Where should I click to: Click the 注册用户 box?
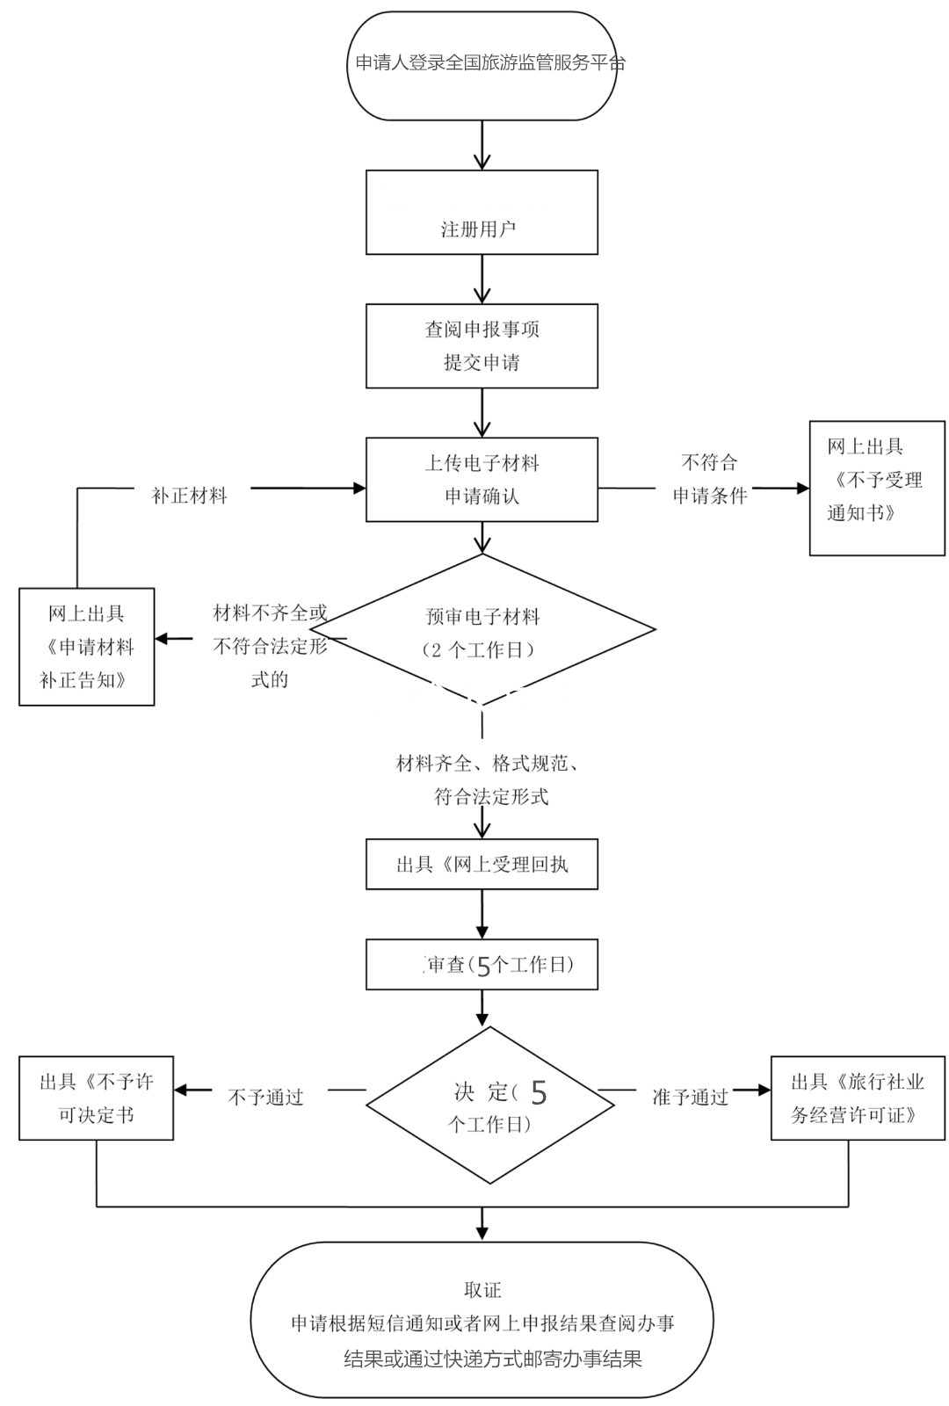[x=482, y=213]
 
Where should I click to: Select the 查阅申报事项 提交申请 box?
[x=482, y=345]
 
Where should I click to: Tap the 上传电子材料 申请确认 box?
[x=482, y=479]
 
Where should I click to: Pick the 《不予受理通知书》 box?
[x=876, y=488]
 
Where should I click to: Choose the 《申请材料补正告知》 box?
[x=87, y=647]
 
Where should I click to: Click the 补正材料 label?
[x=189, y=496]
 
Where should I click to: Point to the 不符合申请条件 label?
[x=710, y=479]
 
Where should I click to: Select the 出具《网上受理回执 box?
[x=482, y=865]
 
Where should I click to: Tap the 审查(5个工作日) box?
[x=482, y=965]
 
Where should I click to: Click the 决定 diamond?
[x=489, y=1105]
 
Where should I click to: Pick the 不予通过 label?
[x=265, y=1097]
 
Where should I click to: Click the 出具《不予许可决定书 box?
[x=96, y=1098]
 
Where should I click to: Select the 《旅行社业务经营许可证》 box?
[x=858, y=1098]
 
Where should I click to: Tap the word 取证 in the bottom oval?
[x=482, y=1290]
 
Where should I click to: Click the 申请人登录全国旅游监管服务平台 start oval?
[x=482, y=65]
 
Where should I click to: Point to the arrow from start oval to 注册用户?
[x=482, y=144]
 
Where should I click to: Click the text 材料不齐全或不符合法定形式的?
[x=270, y=647]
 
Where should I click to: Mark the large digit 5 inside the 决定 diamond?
[x=539, y=1093]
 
